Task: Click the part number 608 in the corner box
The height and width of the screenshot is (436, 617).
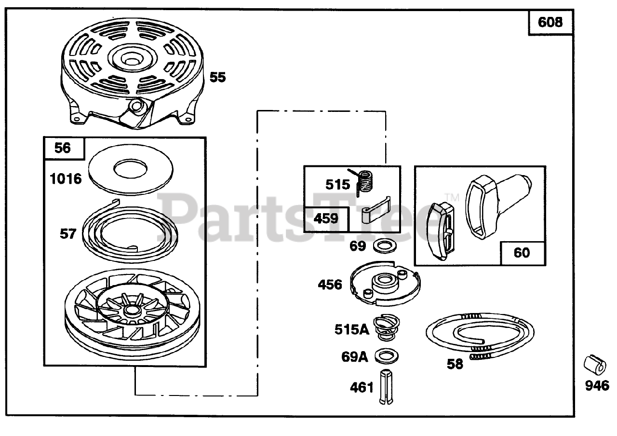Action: tap(550, 22)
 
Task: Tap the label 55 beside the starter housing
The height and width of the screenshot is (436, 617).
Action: tap(217, 77)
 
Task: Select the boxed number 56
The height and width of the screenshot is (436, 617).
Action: tap(63, 148)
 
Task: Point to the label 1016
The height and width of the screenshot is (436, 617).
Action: tap(66, 179)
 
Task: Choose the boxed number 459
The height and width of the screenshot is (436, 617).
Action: tap(326, 218)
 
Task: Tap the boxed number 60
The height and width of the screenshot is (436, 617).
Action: tap(522, 253)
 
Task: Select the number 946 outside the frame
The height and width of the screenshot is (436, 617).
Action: tap(597, 386)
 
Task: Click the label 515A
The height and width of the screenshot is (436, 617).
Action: tap(351, 329)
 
